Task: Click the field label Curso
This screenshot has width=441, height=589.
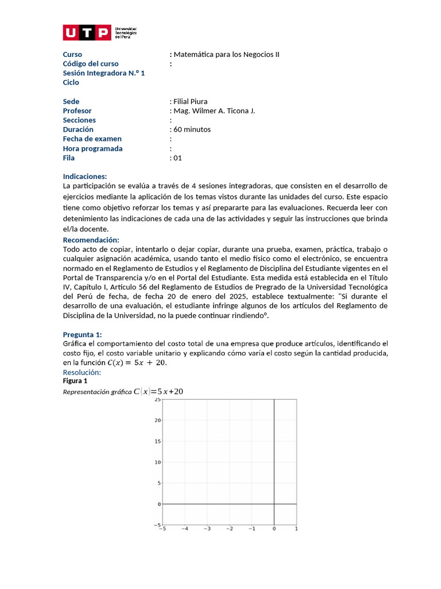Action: pos(72,55)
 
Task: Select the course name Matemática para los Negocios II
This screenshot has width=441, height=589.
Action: pos(226,55)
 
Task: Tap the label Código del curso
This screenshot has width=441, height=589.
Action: pos(91,64)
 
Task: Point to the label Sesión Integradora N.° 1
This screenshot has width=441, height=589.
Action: pos(103,73)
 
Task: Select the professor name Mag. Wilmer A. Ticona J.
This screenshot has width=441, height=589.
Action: pos(213,110)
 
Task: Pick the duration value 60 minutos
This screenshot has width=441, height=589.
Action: pos(191,129)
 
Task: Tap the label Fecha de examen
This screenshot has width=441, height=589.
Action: pos(92,139)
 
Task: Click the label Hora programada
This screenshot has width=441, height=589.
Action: pos(92,148)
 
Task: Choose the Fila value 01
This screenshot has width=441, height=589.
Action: pos(177,158)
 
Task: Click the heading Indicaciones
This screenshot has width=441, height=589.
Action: pos(85,177)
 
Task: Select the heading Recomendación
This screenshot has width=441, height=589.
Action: pos(91,239)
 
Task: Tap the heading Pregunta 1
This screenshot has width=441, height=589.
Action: pos(82,335)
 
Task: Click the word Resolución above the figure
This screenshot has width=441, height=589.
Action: pos(82,373)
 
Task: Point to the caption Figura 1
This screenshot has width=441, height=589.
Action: pos(75,381)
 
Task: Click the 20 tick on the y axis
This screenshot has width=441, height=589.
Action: pos(157,420)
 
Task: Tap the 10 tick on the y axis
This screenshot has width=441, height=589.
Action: pos(157,462)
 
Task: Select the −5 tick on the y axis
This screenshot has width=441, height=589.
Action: pos(156,525)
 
